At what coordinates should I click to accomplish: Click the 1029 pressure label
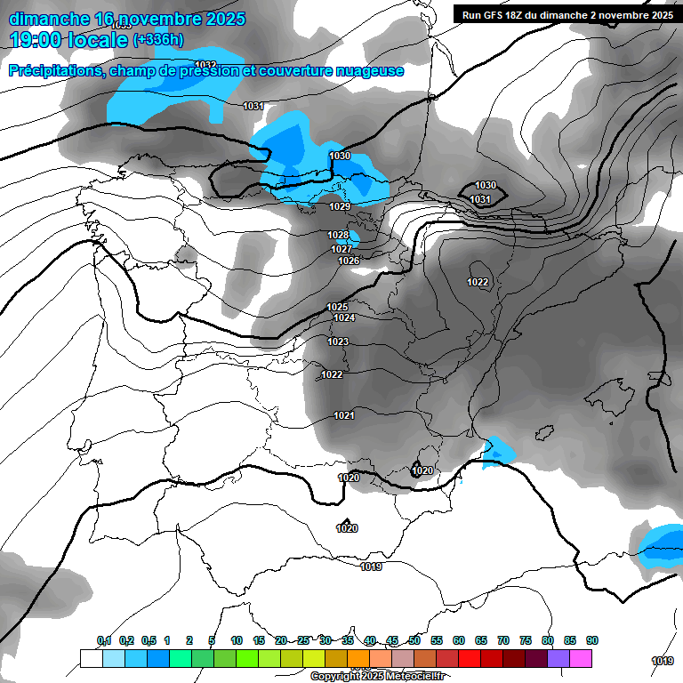[x=340, y=206]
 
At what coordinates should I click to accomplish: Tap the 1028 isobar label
[x=338, y=235]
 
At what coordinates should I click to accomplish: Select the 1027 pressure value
[x=342, y=249]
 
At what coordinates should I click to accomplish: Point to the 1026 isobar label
[x=349, y=261]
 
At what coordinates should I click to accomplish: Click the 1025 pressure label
[x=337, y=307]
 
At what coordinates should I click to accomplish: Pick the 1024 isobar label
[x=345, y=317]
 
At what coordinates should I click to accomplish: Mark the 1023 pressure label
[x=338, y=341]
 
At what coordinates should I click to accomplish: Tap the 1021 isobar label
[x=344, y=415]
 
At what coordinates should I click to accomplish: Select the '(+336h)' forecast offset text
[x=158, y=40]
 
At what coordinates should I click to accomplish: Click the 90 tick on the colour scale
[x=592, y=640]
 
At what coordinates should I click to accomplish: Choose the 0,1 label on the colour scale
[x=104, y=640]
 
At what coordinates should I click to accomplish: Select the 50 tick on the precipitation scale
[x=414, y=640]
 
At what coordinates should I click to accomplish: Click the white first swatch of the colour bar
[x=91, y=658]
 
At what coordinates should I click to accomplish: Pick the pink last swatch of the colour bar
[x=581, y=658]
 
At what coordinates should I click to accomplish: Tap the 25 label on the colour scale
[x=303, y=640]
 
